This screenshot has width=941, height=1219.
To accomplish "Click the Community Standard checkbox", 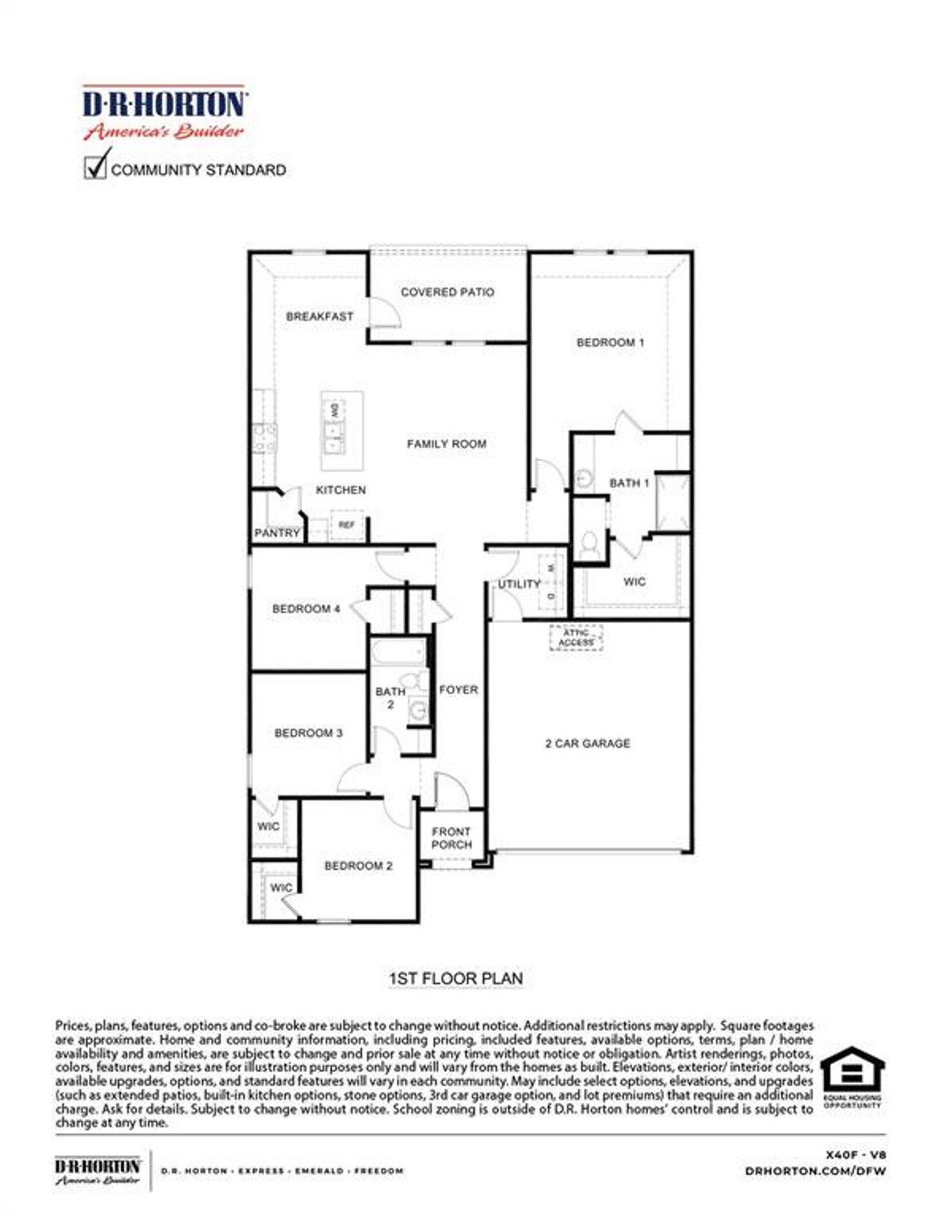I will coord(96,167).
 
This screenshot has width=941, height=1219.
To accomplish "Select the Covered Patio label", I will coord(447,292).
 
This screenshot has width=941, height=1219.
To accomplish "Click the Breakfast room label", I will coord(319,316).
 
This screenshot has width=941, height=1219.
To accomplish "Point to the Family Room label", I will coord(446,444).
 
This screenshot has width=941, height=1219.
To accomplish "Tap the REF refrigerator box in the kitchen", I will coord(346,525).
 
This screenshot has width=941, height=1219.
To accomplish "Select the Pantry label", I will coord(276,532).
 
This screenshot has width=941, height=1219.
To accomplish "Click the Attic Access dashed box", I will coord(576,637).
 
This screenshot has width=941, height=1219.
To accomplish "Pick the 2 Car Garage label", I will coord(587,743).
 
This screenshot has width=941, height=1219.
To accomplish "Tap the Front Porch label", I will coord(451,838).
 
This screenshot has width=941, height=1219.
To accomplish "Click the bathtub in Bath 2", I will coord(398,652).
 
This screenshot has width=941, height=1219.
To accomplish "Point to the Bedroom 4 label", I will coord(306,609).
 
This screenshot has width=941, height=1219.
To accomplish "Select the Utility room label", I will coord(519,584).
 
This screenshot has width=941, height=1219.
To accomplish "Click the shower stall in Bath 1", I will coord(672,502).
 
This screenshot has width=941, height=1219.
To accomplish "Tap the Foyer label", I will coord(458,690).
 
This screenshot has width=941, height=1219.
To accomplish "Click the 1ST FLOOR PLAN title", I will coord(455,979).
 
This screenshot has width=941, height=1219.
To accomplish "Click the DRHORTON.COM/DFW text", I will coord(815,1170).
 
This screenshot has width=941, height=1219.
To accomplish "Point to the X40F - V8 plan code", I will coord(856,1154).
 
